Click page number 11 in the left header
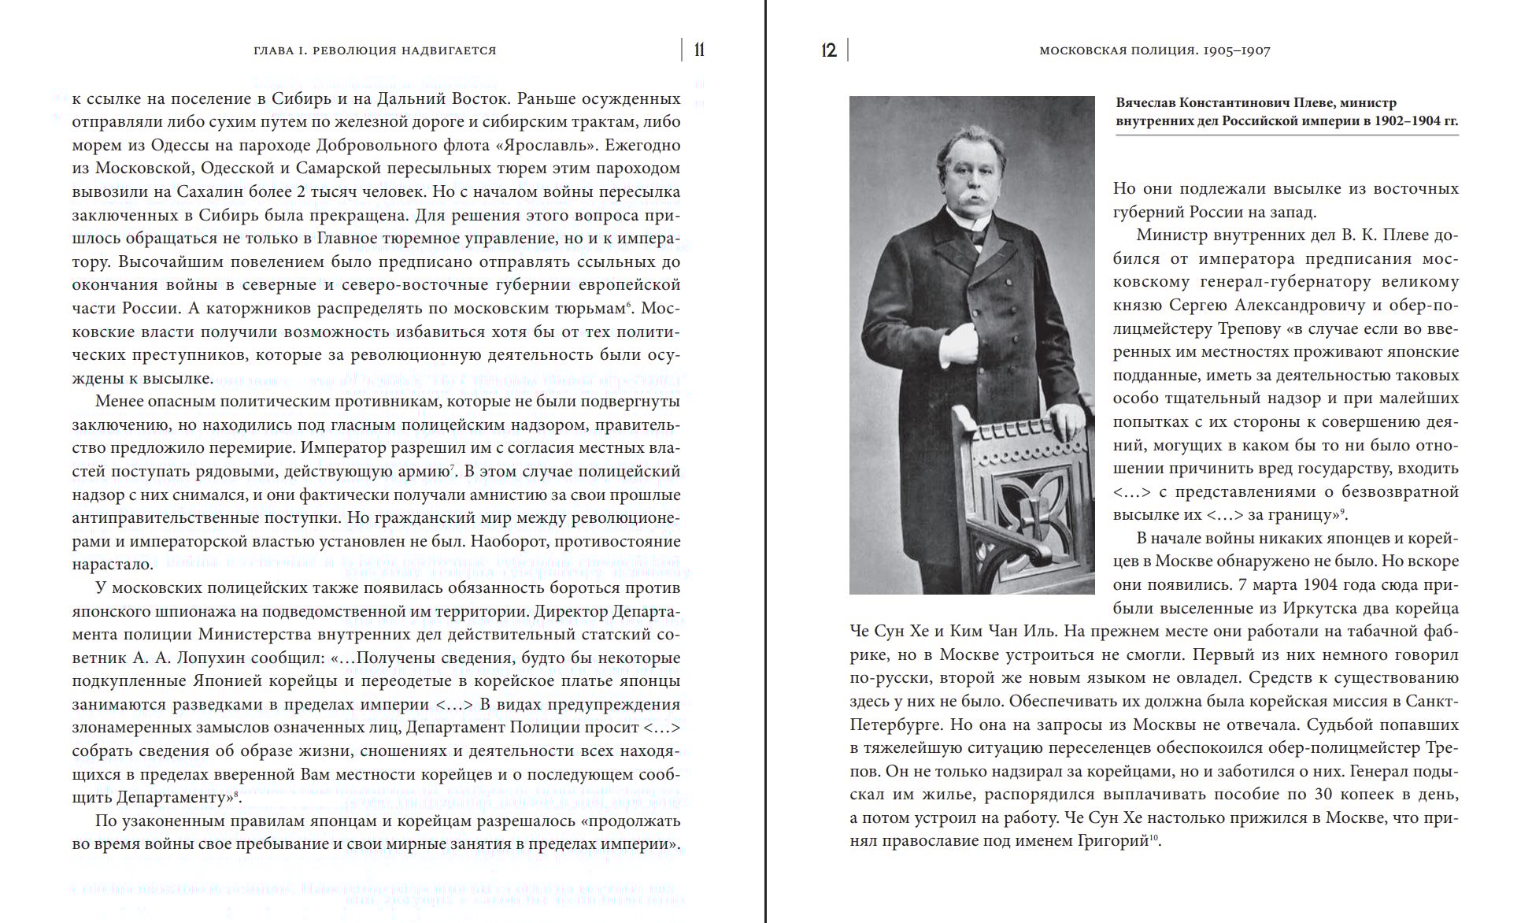[699, 50]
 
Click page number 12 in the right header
[828, 50]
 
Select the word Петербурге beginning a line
[894, 724]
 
